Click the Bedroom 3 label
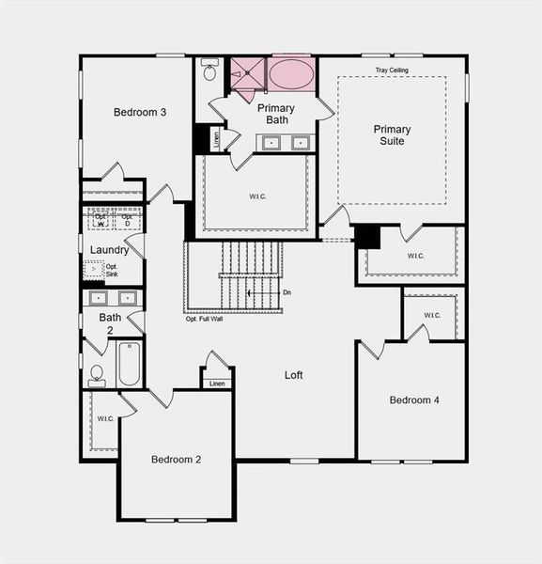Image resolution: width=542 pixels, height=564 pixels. [140, 113]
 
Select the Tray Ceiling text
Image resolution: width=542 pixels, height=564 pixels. [394, 70]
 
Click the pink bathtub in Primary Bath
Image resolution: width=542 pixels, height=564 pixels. [291, 74]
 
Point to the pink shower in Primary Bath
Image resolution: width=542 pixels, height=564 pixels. [249, 74]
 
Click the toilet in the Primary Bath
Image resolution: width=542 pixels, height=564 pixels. [210, 71]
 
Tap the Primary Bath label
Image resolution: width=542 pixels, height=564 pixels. [276, 114]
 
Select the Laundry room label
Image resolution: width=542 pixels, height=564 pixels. [109, 250]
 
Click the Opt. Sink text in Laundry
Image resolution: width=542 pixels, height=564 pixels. [112, 270]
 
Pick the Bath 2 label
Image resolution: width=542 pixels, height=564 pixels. [110, 323]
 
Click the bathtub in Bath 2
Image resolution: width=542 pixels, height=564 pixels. [129, 364]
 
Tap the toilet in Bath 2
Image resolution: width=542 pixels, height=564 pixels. [97, 375]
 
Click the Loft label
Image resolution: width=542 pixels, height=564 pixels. [294, 375]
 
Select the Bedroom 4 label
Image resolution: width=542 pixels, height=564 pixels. [414, 400]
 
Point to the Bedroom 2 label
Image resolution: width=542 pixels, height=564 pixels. [177, 460]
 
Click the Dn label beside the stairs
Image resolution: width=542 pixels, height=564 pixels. [286, 293]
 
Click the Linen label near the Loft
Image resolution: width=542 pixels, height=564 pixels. [217, 384]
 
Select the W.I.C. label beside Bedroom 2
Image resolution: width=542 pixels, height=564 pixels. [105, 418]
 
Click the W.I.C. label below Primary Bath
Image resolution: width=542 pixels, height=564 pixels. [256, 196]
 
